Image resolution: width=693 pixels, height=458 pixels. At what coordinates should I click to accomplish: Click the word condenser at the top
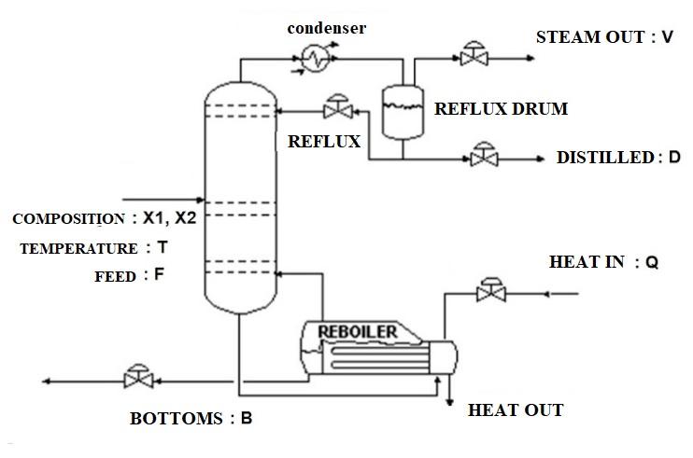click(326, 28)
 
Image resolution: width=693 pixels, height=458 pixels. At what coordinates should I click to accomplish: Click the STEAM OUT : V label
click(604, 37)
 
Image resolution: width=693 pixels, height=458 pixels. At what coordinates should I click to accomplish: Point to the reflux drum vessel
click(403, 109)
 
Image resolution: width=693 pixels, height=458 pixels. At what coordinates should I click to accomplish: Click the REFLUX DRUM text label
click(501, 109)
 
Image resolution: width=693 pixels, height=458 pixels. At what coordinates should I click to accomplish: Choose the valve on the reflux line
click(332, 108)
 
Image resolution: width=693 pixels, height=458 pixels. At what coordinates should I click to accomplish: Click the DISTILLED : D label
click(618, 158)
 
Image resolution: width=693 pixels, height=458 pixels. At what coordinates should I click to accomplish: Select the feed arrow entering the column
click(163, 199)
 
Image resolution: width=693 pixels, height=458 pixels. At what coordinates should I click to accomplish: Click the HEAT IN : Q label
click(603, 263)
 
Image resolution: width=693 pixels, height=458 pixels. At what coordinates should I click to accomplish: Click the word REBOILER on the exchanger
click(358, 331)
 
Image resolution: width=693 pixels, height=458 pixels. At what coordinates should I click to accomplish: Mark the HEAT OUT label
click(516, 409)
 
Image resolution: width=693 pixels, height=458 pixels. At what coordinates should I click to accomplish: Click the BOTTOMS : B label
click(191, 419)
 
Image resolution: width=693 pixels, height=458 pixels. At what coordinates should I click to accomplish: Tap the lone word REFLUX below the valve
click(324, 142)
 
